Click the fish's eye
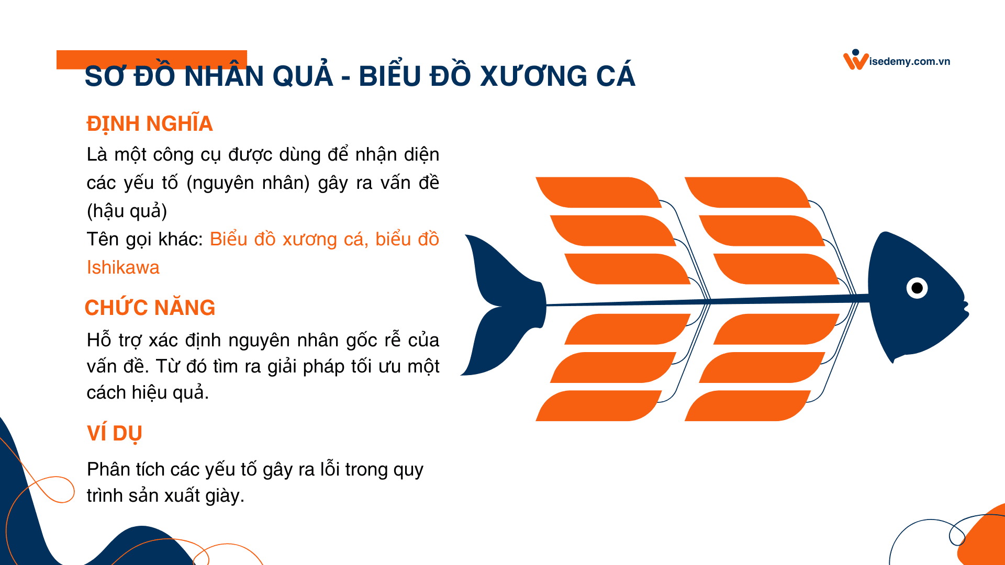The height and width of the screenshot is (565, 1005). coord(917,288)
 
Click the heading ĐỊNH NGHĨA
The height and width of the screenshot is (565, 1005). coord(150,124)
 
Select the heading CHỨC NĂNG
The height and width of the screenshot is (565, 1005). coord(150,308)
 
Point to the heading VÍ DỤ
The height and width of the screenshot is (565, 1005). coord(115,434)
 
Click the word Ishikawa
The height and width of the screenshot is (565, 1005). coord(123,267)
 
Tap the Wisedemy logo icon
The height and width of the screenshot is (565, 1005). coord(855,60)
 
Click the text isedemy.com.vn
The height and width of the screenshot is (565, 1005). coord(910,62)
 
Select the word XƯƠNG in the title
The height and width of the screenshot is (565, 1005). coord(534,76)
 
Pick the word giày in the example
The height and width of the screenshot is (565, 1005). coord(224,495)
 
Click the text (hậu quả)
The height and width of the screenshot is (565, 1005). coord(127,211)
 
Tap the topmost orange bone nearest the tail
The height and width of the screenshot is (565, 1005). coord(597,192)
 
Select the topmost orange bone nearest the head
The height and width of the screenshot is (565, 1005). coord(746,192)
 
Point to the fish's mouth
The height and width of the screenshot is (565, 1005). coord(965,309)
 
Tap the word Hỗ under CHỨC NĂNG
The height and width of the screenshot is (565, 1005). coord(99,340)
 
